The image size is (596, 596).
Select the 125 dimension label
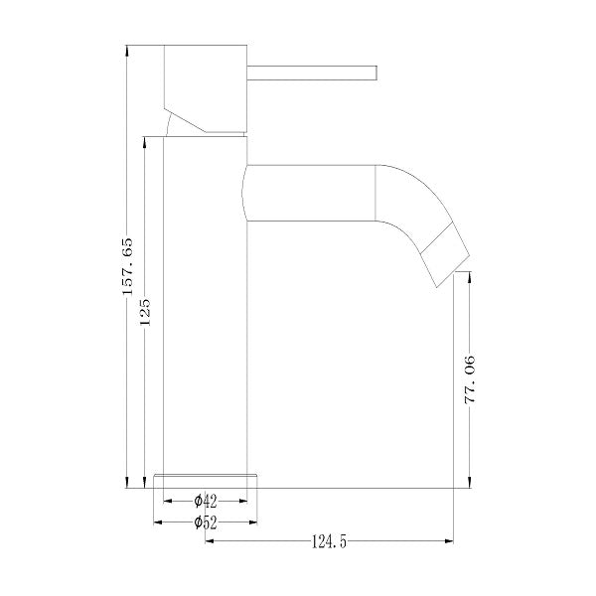(x=145, y=312)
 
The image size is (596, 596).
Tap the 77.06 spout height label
(x=473, y=380)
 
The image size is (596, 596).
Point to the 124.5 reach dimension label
(x=329, y=542)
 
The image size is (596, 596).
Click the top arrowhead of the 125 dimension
(x=145, y=143)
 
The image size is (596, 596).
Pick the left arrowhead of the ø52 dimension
(x=159, y=521)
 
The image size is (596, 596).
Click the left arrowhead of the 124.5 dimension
(x=210, y=541)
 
